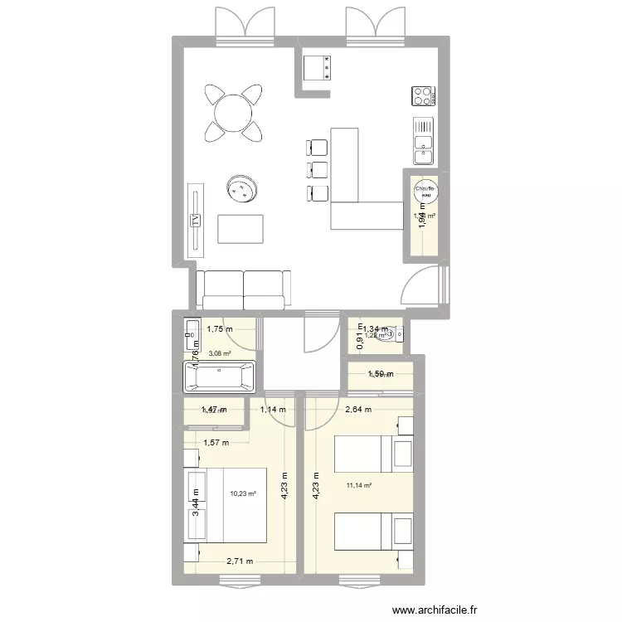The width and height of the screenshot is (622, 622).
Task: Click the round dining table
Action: click(x=233, y=111)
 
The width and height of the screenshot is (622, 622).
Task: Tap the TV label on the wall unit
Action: click(x=197, y=221)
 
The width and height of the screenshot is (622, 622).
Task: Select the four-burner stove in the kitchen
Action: click(x=424, y=96)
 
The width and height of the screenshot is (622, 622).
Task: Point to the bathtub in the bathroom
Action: click(x=219, y=378)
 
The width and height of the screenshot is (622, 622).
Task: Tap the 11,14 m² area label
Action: click(x=359, y=487)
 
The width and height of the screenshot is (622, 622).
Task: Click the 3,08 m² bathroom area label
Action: click(x=221, y=353)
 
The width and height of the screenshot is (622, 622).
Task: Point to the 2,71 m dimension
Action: click(x=240, y=561)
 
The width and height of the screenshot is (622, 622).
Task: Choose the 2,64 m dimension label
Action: click(x=357, y=409)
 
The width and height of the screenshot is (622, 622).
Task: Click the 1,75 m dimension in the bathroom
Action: click(x=220, y=328)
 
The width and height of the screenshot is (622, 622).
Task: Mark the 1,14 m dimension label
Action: click(x=273, y=409)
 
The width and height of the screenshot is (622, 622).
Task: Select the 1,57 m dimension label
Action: click(x=216, y=441)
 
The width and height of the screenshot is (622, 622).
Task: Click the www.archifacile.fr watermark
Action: click(x=435, y=610)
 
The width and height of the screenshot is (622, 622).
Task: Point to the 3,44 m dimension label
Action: click(x=196, y=503)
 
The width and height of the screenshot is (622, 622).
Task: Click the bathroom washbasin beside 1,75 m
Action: click(x=190, y=333)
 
